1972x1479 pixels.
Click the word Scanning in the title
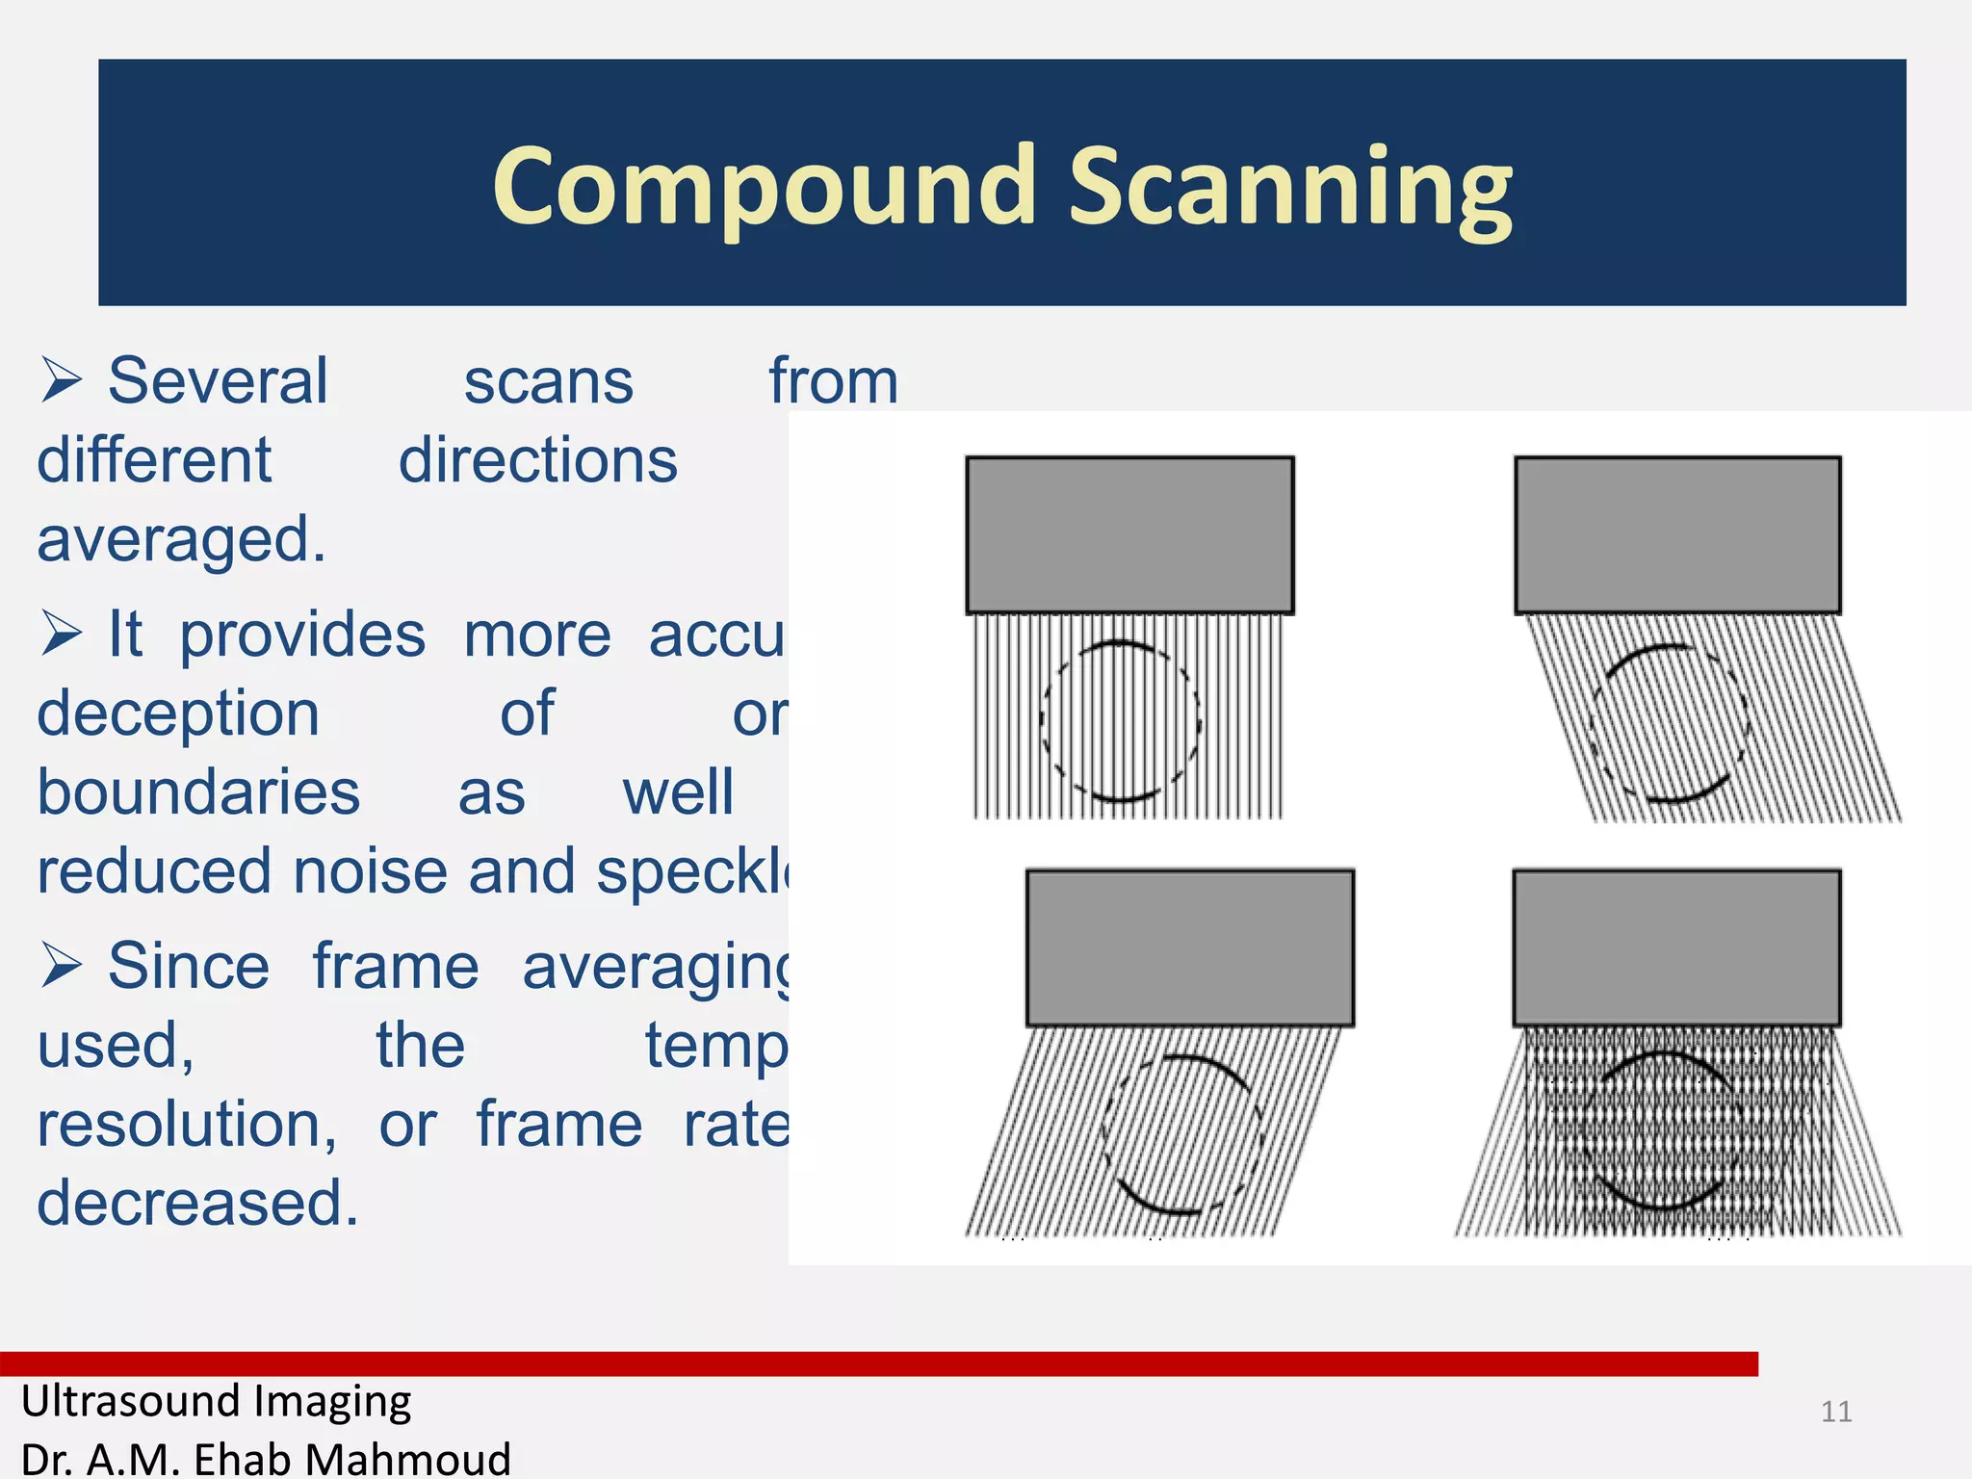(1290, 188)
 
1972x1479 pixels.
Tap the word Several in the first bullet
(218, 381)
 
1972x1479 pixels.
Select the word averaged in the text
(181, 540)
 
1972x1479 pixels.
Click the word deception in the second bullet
(178, 714)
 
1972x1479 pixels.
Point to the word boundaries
(198, 793)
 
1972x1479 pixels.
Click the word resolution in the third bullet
(187, 1125)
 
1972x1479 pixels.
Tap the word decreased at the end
(197, 1204)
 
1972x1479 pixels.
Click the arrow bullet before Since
(62, 966)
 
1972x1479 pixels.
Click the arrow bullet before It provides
(62, 635)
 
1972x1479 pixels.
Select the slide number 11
(1836, 1412)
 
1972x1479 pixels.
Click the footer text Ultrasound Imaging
(217, 1401)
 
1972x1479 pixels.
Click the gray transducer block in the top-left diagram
(1129, 534)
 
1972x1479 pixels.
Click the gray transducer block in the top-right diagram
(1677, 534)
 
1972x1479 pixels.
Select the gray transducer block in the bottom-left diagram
(1190, 948)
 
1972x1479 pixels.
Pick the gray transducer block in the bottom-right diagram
(1676, 948)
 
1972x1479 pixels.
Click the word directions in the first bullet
(538, 461)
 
